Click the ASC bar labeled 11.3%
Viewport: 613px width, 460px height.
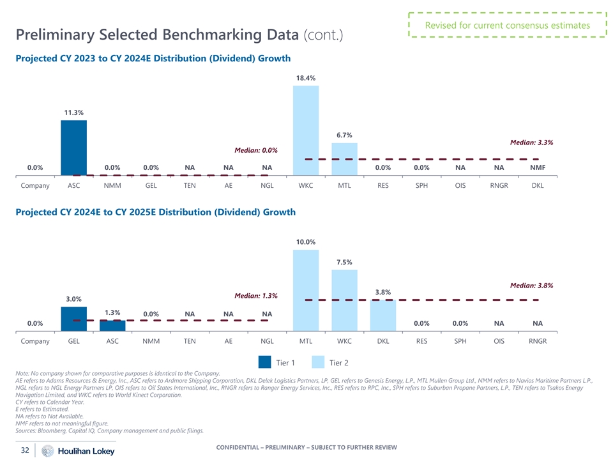pyautogui.click(x=73, y=147)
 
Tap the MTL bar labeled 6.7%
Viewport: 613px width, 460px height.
pyautogui.click(x=345, y=158)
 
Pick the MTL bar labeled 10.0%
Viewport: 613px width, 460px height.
pyautogui.click(x=306, y=290)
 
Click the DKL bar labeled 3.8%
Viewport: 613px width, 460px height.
pyautogui.click(x=383, y=315)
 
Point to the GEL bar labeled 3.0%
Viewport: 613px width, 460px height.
pyautogui.click(x=74, y=319)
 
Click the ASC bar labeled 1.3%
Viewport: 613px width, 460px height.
pyautogui.click(x=112, y=325)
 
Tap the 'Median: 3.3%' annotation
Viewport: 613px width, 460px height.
pyautogui.click(x=531, y=142)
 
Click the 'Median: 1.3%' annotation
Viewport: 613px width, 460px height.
pyautogui.click(x=256, y=296)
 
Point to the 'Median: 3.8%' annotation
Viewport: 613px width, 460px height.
pyautogui.click(x=531, y=286)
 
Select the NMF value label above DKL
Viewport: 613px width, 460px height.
pyautogui.click(x=538, y=168)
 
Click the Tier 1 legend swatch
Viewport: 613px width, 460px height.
pyautogui.click(x=265, y=362)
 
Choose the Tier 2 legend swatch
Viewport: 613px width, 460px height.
pyautogui.click(x=318, y=362)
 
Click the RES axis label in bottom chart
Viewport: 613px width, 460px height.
pyautogui.click(x=422, y=341)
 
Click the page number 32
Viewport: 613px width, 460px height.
pyautogui.click(x=26, y=450)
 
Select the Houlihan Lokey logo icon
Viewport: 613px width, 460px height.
pyautogui.click(x=47, y=451)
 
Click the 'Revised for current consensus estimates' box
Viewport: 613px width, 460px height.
pyautogui.click(x=508, y=26)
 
